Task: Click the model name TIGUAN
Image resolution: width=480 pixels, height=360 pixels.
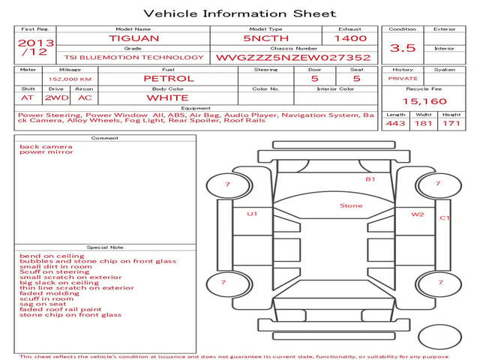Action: point(133,38)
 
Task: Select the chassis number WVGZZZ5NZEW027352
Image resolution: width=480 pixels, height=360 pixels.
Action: point(293,58)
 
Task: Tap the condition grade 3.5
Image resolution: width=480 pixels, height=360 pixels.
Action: point(403,48)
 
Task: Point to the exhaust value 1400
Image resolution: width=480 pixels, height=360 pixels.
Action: point(350,38)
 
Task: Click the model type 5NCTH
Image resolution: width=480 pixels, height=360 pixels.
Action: point(265,38)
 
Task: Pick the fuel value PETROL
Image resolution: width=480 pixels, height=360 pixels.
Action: point(169,79)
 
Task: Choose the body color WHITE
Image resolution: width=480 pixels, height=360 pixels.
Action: point(167,98)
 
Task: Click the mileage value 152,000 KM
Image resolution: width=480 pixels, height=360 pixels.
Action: point(70,79)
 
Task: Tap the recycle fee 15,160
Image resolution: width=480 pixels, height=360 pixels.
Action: point(424,101)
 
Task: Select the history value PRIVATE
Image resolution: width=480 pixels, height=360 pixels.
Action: point(403,79)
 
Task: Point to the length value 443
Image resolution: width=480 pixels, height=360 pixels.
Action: point(395,123)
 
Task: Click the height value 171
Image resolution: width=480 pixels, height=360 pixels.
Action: point(451,123)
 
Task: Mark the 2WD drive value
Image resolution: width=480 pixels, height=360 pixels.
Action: point(57,98)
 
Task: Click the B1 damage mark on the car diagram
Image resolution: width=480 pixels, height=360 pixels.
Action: point(370,179)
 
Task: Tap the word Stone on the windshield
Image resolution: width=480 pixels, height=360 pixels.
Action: point(351,205)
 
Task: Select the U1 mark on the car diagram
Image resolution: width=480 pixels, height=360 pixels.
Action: point(252,214)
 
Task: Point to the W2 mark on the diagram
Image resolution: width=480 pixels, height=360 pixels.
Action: point(418,214)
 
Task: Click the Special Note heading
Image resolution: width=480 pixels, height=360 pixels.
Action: point(105,247)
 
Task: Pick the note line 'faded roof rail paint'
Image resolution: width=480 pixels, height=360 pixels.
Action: point(60,310)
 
